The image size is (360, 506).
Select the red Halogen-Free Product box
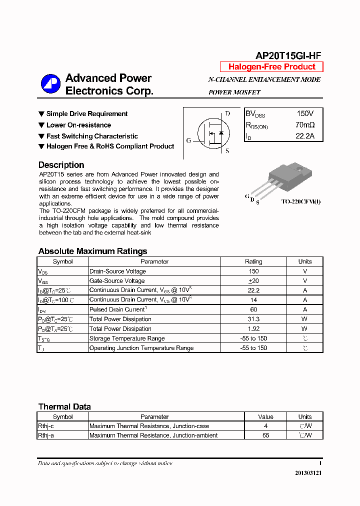point(271,67)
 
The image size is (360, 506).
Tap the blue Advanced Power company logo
point(50,84)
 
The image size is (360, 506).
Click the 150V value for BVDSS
point(305,114)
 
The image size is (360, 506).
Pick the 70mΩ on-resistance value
point(305,125)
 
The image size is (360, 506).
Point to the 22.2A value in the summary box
point(305,136)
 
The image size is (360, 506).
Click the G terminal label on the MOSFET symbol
point(188,140)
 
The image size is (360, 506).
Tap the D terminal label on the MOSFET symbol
point(227,113)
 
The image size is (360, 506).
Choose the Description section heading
point(61,165)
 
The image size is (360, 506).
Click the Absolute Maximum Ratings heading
point(92,251)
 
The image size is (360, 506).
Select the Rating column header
point(253,261)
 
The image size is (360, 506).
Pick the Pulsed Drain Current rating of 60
point(253,309)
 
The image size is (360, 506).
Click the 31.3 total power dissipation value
point(253,319)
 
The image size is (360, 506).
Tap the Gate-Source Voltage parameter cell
point(117,281)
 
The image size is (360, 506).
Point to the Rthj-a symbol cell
point(46,435)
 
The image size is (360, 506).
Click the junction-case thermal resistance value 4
point(265,426)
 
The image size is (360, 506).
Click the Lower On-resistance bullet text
point(78,125)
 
